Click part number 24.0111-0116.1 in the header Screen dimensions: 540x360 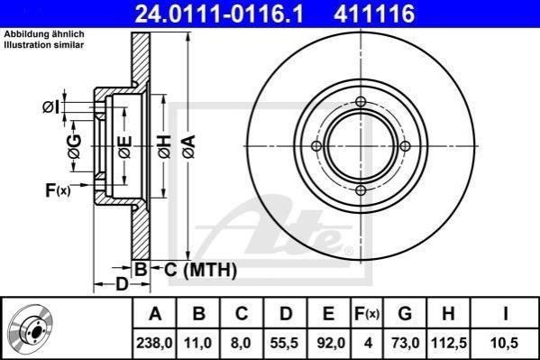[219, 14]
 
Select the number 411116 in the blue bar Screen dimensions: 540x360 [374, 14]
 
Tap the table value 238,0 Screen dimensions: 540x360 [154, 343]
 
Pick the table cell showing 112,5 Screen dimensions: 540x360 [449, 343]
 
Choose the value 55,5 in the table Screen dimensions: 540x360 [285, 343]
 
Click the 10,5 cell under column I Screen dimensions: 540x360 [505, 343]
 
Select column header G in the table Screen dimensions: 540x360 [405, 314]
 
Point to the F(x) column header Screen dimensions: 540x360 [367, 314]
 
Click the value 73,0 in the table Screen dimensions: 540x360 [406, 343]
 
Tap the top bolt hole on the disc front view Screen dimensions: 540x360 [361, 102]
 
